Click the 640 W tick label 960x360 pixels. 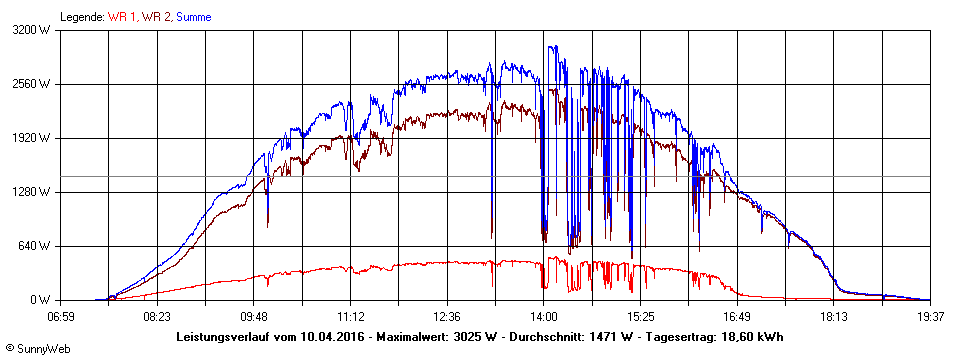[x=39, y=246]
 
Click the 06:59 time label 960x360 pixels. [x=61, y=317]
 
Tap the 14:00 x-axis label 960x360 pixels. [x=544, y=317]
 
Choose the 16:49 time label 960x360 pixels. [x=737, y=317]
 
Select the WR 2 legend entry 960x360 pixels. [x=156, y=17]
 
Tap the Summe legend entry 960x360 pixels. [x=194, y=17]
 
